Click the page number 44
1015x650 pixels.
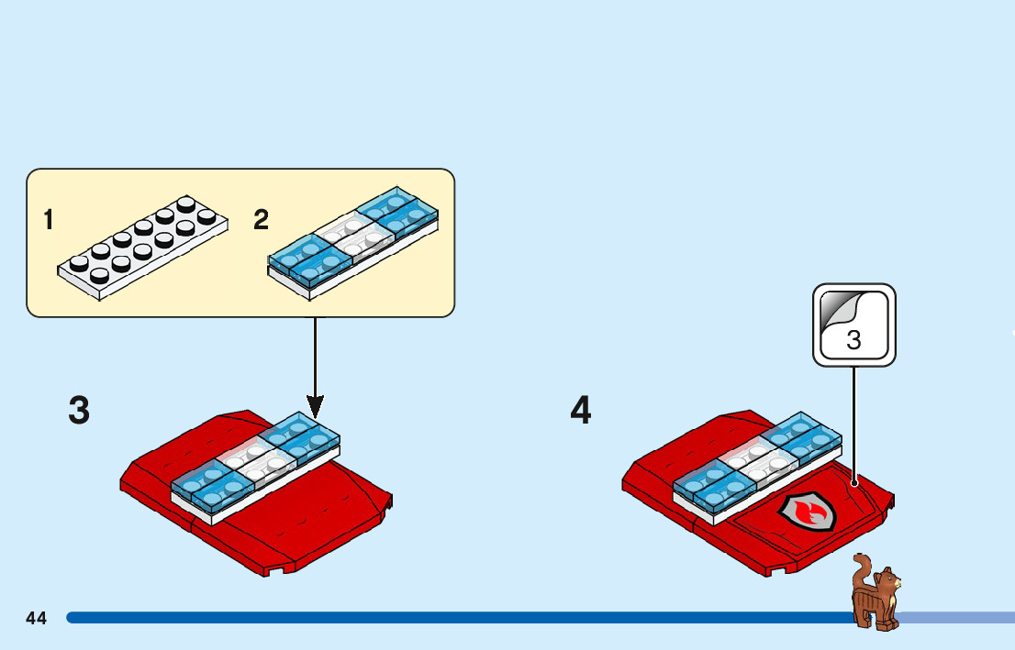[37, 618]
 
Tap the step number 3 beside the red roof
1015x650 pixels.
[80, 411]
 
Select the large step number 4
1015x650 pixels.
[581, 411]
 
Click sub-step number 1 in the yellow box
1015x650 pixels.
[48, 220]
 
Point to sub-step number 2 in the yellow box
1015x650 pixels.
[262, 220]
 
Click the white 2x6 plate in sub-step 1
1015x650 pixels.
[142, 246]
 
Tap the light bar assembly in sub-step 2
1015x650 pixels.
[353, 240]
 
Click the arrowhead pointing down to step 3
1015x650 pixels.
[316, 405]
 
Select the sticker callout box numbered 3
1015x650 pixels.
[853, 325]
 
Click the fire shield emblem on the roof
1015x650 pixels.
[808, 513]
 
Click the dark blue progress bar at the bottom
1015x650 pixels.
[459, 618]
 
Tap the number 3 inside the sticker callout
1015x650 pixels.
[853, 341]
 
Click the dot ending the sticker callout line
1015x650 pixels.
[854, 482]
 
